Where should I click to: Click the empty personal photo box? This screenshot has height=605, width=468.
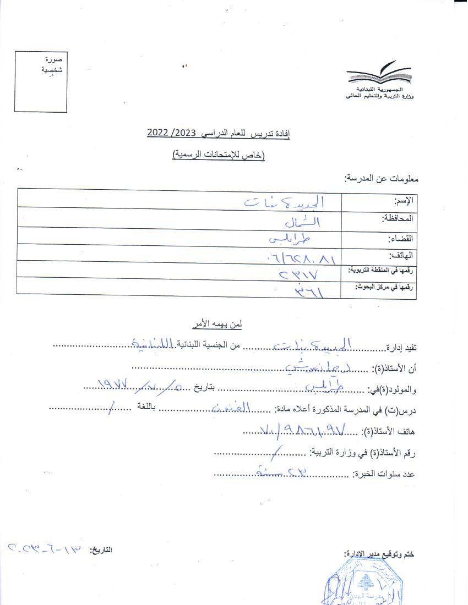click(41, 82)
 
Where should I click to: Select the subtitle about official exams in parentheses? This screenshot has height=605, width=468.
click(218, 156)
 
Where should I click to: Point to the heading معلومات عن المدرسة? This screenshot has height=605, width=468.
click(382, 178)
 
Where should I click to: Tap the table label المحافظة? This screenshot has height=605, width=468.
click(398, 219)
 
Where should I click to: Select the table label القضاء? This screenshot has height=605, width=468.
click(401, 238)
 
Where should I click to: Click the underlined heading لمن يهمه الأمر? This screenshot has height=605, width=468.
click(219, 324)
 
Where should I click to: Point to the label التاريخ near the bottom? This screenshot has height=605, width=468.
click(101, 549)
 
